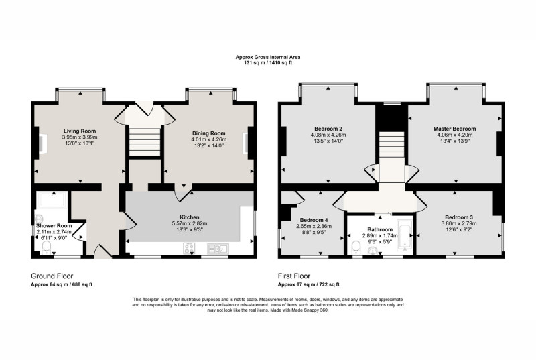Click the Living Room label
[80, 131]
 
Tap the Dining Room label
[208, 133]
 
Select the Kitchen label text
[190, 217]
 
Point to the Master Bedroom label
[455, 129]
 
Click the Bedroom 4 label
[314, 220]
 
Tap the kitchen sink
[218, 249]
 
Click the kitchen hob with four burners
[189, 249]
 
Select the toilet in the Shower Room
[46, 247]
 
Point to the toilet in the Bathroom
[356, 247]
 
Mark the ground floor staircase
[144, 141]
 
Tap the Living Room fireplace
[42, 143]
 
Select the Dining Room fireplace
[245, 143]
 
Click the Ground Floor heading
[52, 276]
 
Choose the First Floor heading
[294, 276]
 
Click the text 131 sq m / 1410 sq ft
[268, 62]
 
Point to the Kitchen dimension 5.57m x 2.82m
[190, 223]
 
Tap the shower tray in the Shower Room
[53, 200]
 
